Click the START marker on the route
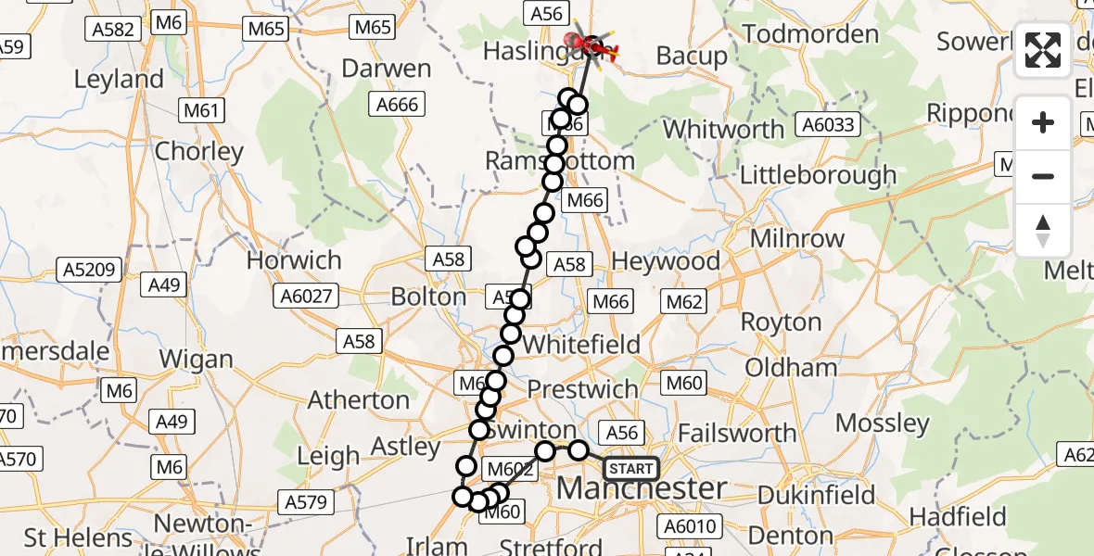(x=631, y=469)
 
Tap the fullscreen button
(x=1043, y=50)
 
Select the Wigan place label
(x=196, y=359)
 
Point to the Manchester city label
(x=641, y=488)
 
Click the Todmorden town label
(x=810, y=35)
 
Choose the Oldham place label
(x=791, y=368)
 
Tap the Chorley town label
(x=199, y=151)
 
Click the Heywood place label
(x=665, y=261)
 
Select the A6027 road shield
(x=306, y=296)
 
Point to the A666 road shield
(x=397, y=105)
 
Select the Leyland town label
(x=119, y=80)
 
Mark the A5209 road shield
(x=89, y=271)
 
